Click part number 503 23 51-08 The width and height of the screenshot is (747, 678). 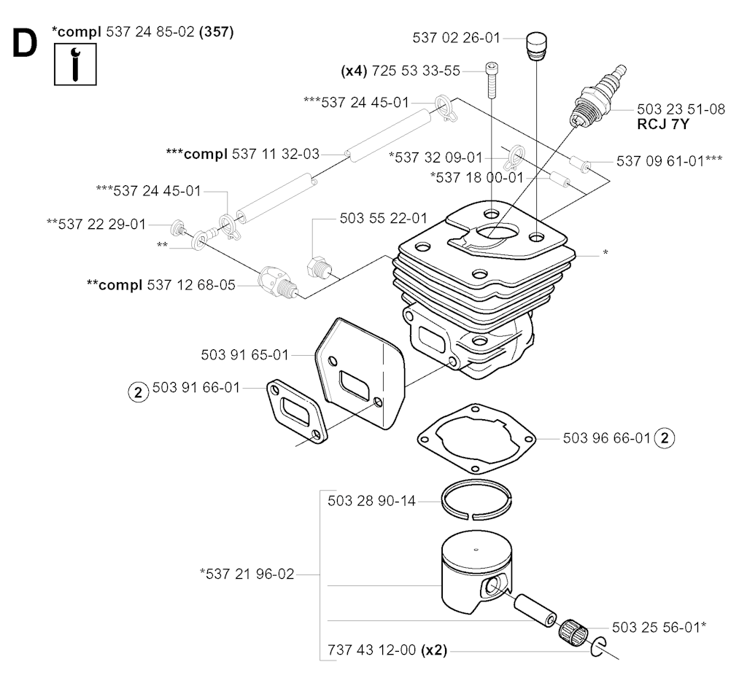tap(681, 109)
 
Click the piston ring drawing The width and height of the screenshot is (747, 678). tap(475, 501)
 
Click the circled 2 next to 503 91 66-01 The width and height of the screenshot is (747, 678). tap(136, 391)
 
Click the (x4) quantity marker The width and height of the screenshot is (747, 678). tap(355, 71)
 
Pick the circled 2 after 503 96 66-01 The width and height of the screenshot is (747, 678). tap(665, 438)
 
